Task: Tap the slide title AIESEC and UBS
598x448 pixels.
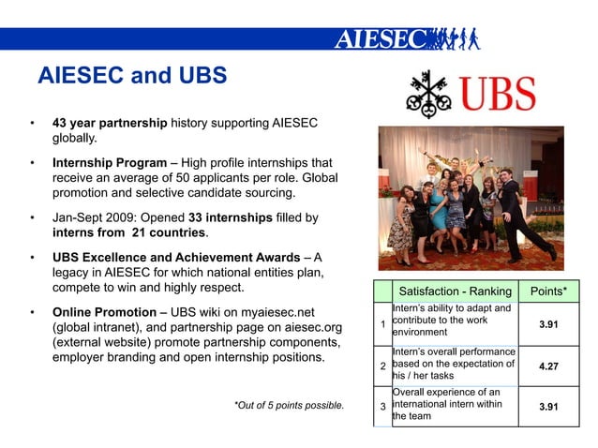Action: [x=131, y=76]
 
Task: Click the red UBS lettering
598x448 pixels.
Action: [x=497, y=95]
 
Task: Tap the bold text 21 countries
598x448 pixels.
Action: [x=169, y=232]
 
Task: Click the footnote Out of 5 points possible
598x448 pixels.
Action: [x=289, y=406]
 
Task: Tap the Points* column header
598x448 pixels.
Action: [x=547, y=291]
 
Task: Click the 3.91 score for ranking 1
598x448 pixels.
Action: [x=547, y=324]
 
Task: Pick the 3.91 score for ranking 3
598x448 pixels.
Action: [x=547, y=407]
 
